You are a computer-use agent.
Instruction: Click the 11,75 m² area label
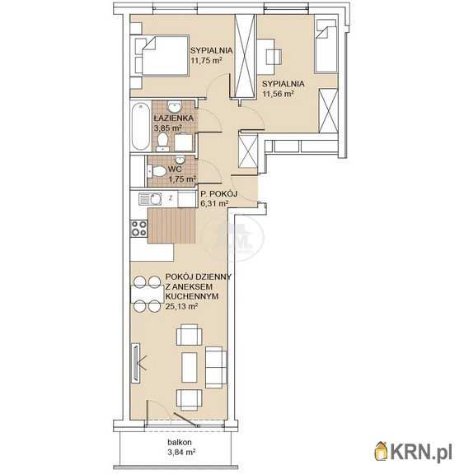pyautogui.click(x=206, y=60)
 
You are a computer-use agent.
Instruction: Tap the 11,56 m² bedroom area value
pyautogui.click(x=278, y=94)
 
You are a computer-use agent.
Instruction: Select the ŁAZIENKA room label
pyautogui.click(x=173, y=118)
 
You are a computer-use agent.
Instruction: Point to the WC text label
pyautogui.click(x=175, y=169)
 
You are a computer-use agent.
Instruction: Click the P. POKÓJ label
pyautogui.click(x=219, y=193)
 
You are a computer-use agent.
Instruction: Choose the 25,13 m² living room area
pyautogui.click(x=181, y=306)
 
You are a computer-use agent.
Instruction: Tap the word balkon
pyautogui.click(x=180, y=442)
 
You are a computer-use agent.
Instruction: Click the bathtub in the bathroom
pyautogui.click(x=141, y=126)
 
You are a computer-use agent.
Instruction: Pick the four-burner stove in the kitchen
pyautogui.click(x=139, y=228)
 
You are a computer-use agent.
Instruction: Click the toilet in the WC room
pyautogui.click(x=157, y=171)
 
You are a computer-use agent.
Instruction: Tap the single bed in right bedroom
pyautogui.click(x=326, y=49)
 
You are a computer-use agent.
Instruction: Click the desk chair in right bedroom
pyautogui.click(x=274, y=57)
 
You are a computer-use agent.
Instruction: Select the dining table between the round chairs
pyautogui.click(x=147, y=294)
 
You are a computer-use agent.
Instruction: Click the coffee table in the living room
pyautogui.click(x=190, y=367)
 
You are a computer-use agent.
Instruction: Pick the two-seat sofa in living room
pyautogui.click(x=216, y=367)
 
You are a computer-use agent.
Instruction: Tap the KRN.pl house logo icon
pyautogui.click(x=382, y=451)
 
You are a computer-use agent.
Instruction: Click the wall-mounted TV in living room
pyautogui.click(x=136, y=363)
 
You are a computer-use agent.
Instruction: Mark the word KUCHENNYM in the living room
pyautogui.click(x=192, y=296)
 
